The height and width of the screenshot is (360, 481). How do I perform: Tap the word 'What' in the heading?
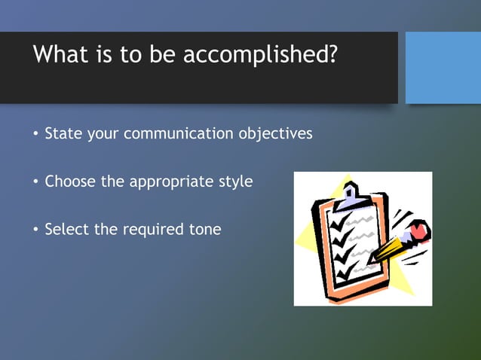coord(59,55)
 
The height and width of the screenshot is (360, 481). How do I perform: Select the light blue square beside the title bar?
coord(443,68)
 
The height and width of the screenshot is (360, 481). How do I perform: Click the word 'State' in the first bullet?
coord(63,134)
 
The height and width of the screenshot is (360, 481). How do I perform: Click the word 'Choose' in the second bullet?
coord(69,182)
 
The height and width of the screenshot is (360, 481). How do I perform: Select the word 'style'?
coord(234,182)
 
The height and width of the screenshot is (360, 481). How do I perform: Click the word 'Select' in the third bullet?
coord(67,229)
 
